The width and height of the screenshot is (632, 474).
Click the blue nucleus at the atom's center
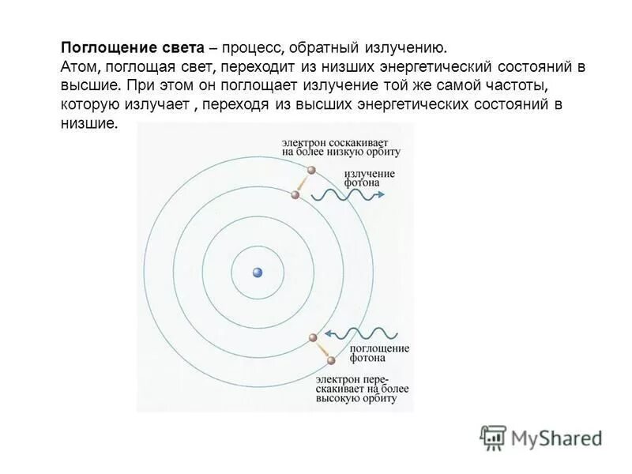coord(257,273)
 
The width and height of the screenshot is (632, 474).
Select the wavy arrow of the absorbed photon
coord(355,334)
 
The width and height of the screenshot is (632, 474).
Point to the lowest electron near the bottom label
coord(332,362)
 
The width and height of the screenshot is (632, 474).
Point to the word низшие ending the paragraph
coord(88,123)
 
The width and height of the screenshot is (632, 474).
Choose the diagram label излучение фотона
coord(370,177)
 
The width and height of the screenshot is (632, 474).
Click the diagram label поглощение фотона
coord(378,353)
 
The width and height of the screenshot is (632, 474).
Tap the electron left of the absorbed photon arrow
coord(313,338)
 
